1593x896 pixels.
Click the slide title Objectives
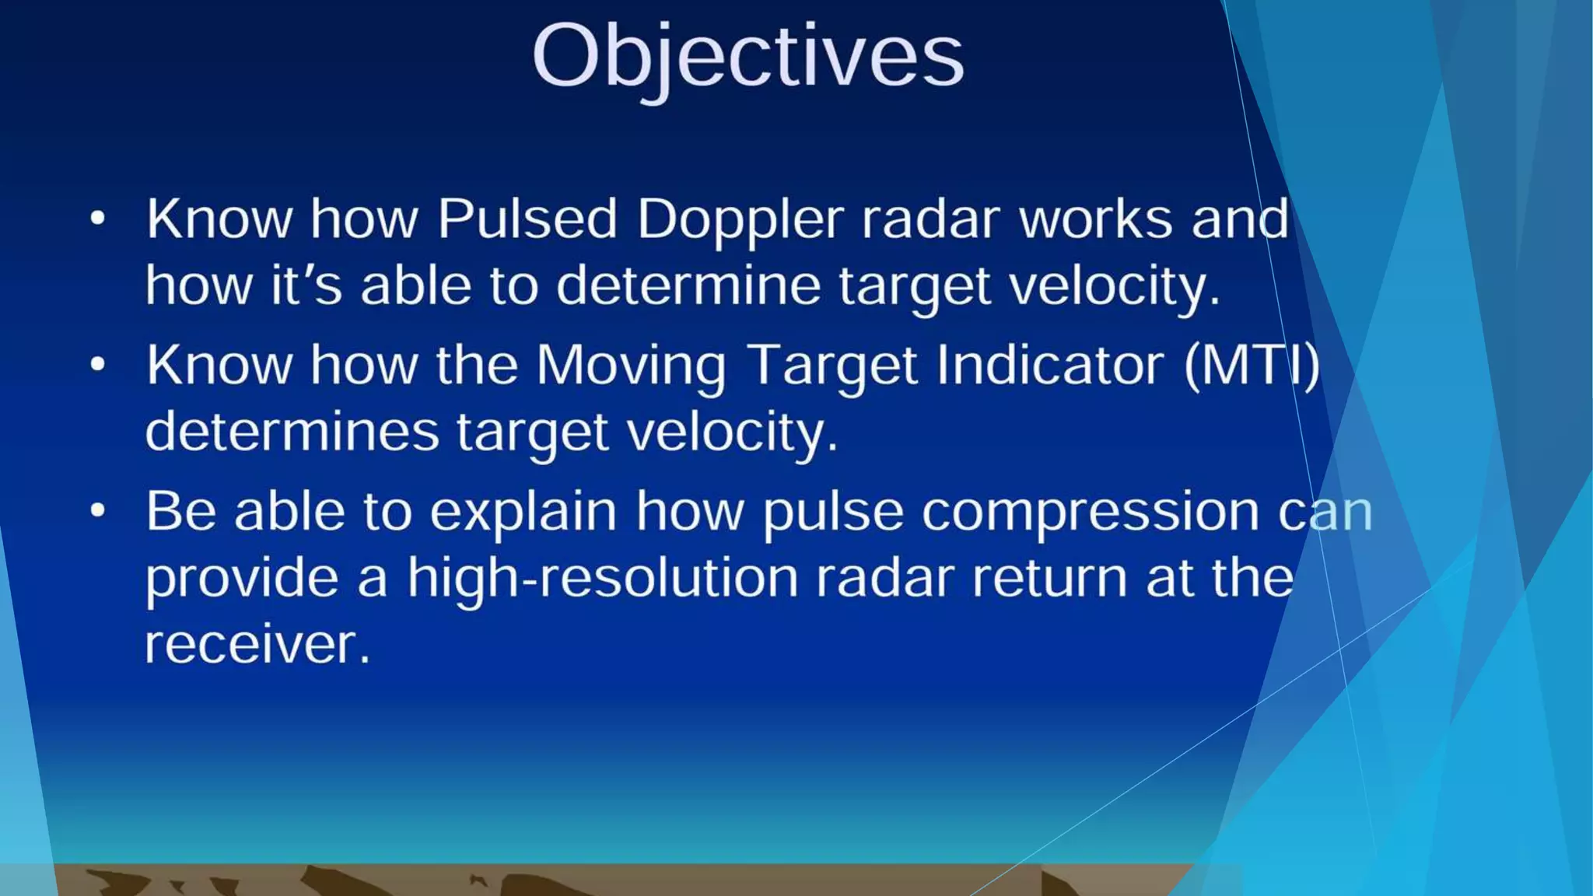[747, 56]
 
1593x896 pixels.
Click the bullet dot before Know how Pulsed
[97, 219]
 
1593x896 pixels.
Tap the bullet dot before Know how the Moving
[97, 364]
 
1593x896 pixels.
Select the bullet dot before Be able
[97, 511]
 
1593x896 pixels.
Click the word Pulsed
[527, 219]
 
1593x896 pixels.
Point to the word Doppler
[740, 220]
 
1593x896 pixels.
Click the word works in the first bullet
[1095, 219]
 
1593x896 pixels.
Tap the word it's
[306, 285]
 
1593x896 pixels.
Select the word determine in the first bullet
[688, 285]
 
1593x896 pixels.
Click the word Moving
[631, 366]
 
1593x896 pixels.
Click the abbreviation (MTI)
[1252, 364]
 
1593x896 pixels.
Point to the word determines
[292, 432]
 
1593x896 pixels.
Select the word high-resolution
[603, 579]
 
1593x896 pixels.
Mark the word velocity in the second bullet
[732, 432]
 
